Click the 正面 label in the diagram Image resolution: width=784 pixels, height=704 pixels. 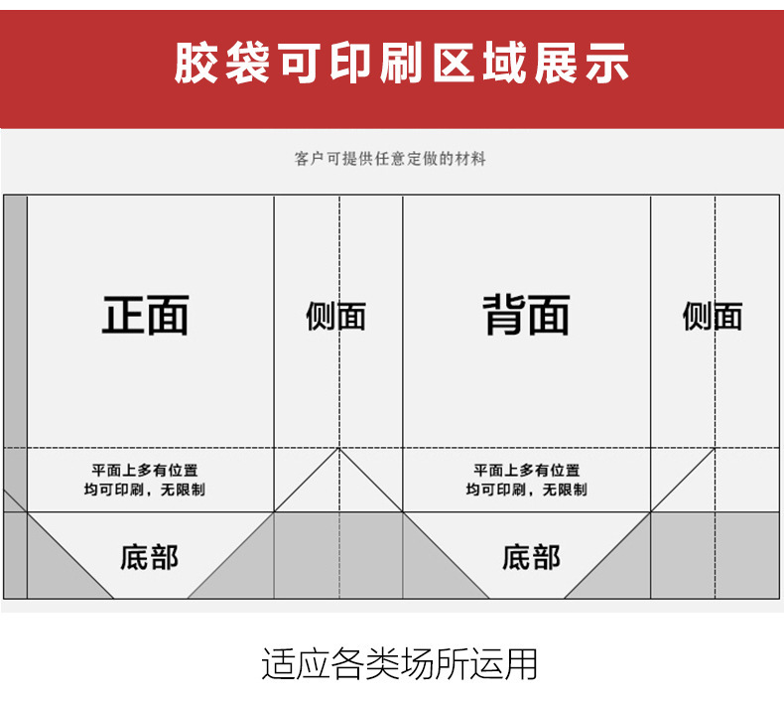coord(145,315)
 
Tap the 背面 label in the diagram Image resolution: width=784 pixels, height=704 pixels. coord(526,315)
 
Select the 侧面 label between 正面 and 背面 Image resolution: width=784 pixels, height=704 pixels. coord(336,317)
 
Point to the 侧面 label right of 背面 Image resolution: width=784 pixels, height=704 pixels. coord(713,317)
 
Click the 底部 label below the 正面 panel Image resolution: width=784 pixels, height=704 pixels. coord(150,557)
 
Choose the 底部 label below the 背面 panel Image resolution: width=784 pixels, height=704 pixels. coord(531,557)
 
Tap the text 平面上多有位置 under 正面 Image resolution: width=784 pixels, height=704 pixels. coord(145,471)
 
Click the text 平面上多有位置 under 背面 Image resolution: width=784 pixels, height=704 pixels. coord(526,471)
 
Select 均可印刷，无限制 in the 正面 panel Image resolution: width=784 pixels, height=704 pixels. coord(145,490)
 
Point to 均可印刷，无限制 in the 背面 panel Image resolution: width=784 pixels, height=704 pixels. coord(526,490)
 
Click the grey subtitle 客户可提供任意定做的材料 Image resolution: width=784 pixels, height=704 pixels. coord(390,159)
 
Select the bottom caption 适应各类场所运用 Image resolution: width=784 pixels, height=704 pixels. coord(399,663)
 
